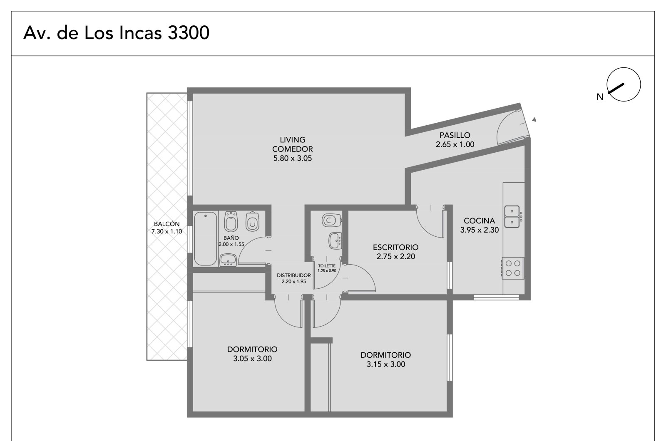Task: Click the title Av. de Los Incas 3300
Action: click(x=116, y=33)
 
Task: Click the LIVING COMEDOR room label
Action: click(x=293, y=144)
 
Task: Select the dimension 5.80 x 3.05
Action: click(x=293, y=158)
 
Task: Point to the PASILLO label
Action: click(x=455, y=135)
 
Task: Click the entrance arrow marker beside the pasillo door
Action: click(x=534, y=119)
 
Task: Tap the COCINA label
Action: click(x=479, y=220)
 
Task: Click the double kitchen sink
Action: click(x=512, y=217)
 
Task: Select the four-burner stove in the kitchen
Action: click(x=513, y=268)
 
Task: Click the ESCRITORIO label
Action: click(x=395, y=247)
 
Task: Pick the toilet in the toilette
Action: click(x=332, y=220)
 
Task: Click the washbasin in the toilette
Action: click(x=335, y=241)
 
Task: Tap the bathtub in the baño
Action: click(x=206, y=239)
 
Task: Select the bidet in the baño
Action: click(x=231, y=221)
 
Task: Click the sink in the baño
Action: click(x=228, y=260)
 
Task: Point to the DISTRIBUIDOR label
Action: click(x=294, y=275)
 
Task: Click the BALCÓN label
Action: click(x=167, y=224)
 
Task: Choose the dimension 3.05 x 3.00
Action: click(x=252, y=359)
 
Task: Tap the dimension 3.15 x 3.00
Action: click(x=386, y=364)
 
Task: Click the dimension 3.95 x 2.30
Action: click(x=480, y=230)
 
